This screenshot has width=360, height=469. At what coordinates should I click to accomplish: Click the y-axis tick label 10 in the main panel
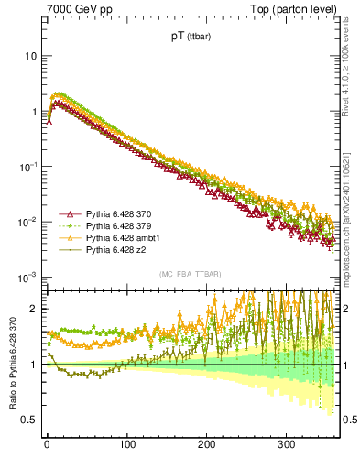(30, 56)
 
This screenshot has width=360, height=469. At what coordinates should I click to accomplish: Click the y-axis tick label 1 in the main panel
(33, 112)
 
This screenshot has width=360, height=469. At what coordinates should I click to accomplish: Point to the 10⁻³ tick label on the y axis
(28, 277)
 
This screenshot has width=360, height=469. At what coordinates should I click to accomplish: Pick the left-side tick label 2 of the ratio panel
(34, 309)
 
